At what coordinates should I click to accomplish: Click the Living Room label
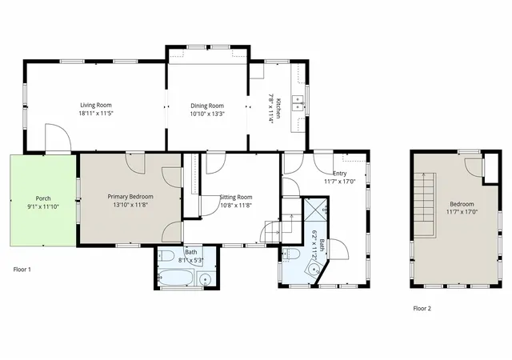pyautogui.click(x=96, y=105)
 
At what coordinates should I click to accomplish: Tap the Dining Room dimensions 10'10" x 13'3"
pyautogui.click(x=207, y=114)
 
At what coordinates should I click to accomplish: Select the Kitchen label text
pyautogui.click(x=278, y=109)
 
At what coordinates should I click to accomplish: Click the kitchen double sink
pyautogui.click(x=298, y=103)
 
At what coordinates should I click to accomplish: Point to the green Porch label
pyautogui.click(x=43, y=198)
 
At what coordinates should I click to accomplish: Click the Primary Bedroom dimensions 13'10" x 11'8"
pyautogui.click(x=130, y=205)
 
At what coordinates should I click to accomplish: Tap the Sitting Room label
pyautogui.click(x=236, y=197)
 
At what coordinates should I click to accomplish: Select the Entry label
pyautogui.click(x=339, y=173)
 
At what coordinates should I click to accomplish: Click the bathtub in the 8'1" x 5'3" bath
pyautogui.click(x=177, y=278)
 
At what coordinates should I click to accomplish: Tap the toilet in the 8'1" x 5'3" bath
pyautogui.click(x=166, y=256)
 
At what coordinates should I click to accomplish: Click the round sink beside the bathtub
pyautogui.click(x=205, y=280)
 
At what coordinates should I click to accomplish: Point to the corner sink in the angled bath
pyautogui.click(x=314, y=269)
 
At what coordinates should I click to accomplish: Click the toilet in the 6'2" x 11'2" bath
pyautogui.click(x=291, y=254)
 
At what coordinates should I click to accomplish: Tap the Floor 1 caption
pyautogui.click(x=22, y=270)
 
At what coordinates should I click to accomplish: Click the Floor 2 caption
pyautogui.click(x=422, y=308)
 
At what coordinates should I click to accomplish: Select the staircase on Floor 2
pyautogui.click(x=425, y=205)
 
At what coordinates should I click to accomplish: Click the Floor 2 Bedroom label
pyautogui.click(x=462, y=204)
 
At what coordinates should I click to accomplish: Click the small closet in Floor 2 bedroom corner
pyautogui.click(x=490, y=168)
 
